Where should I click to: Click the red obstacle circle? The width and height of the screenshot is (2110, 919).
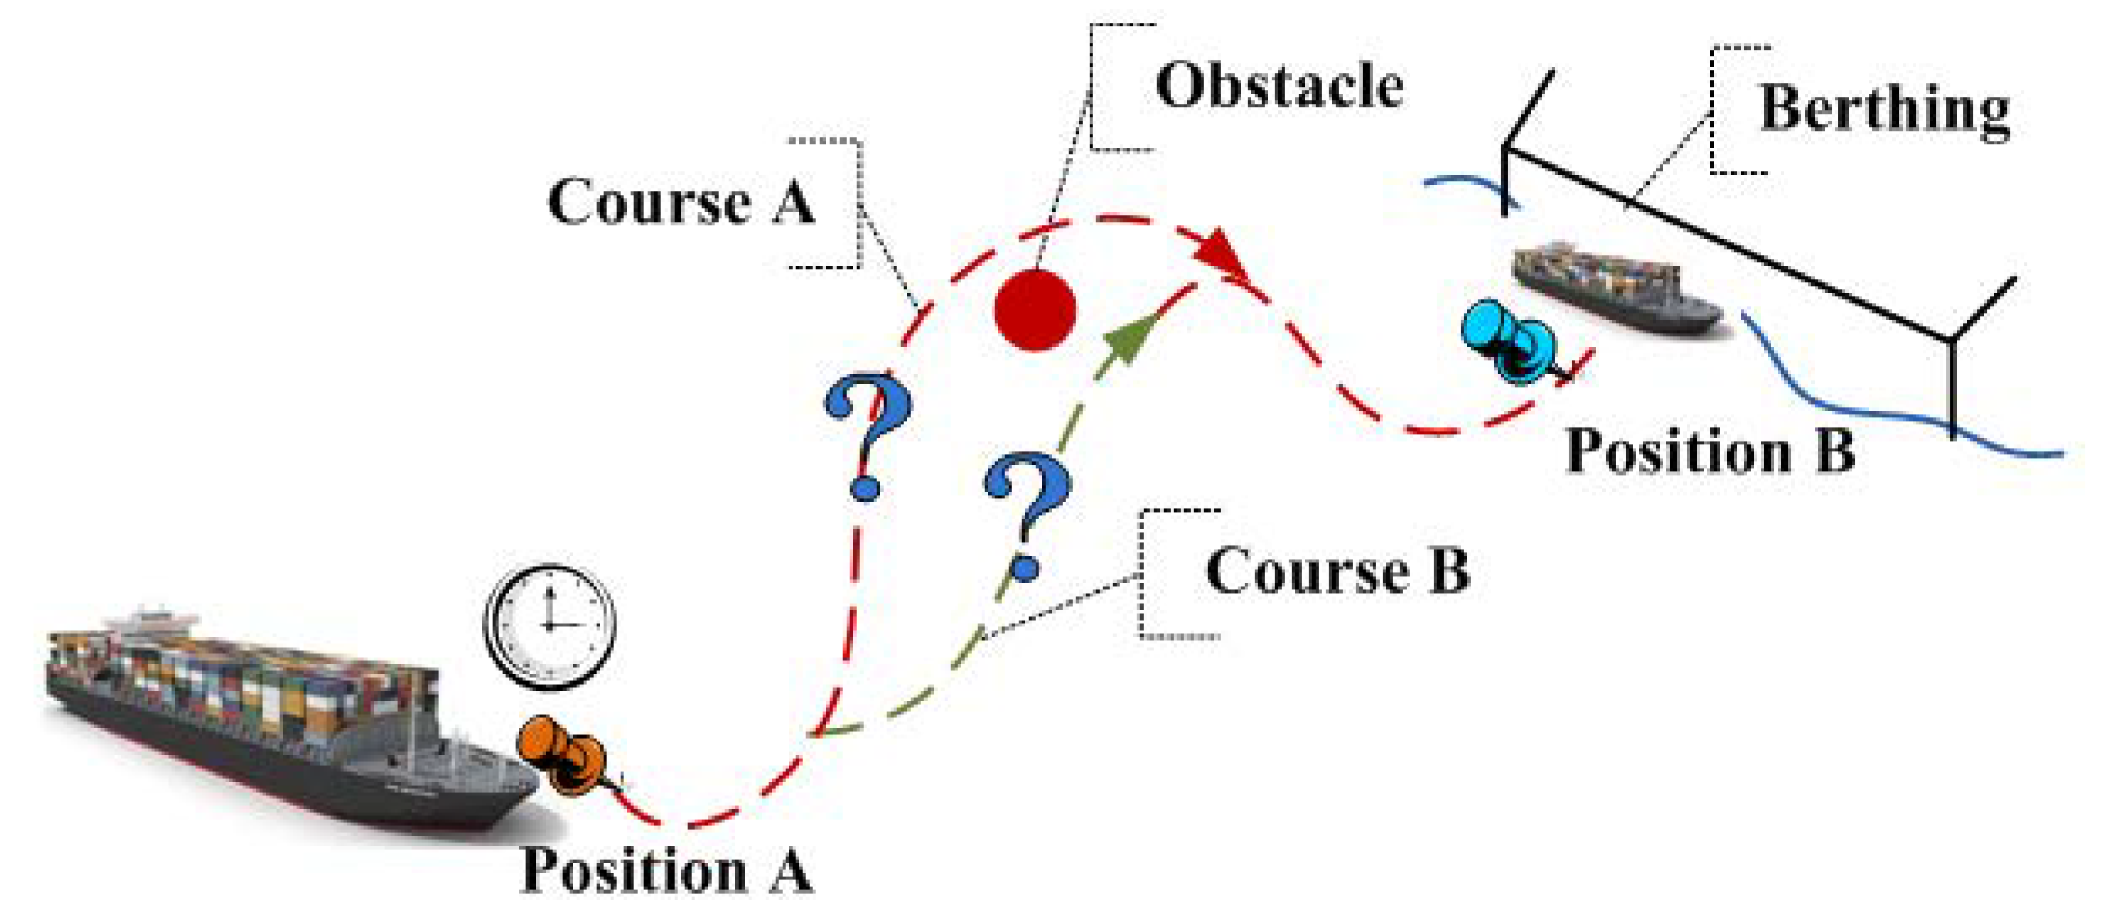coord(1035,309)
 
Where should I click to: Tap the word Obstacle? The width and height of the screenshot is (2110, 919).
coord(1279,86)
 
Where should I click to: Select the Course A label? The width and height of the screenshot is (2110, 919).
coord(681,202)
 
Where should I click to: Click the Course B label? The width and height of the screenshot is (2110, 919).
coord(1338,572)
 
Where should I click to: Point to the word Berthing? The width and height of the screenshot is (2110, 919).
coord(1885,110)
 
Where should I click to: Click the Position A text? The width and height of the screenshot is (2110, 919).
coord(667,870)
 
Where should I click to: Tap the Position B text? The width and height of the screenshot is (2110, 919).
coord(1710,451)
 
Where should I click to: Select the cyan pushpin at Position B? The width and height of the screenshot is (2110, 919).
coord(1510,341)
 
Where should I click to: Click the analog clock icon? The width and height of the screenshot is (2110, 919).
coord(550,626)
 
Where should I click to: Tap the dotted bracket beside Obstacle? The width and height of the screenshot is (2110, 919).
coord(1093,86)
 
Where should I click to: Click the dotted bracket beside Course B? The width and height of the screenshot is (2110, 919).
coord(1144,573)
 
